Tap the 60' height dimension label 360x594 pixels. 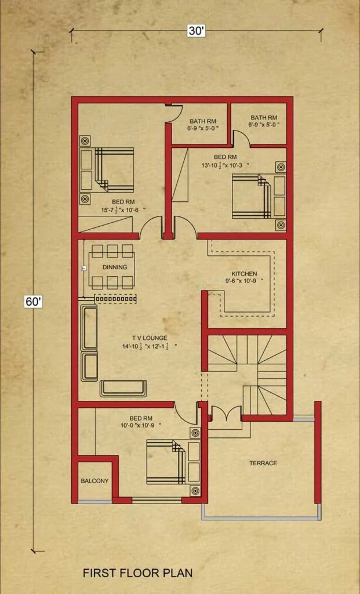(33, 302)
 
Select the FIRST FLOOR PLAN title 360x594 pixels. (138, 572)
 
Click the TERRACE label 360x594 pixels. (263, 463)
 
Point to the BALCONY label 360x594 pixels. (94, 481)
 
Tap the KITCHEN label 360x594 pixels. (244, 274)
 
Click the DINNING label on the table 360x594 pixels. (115, 267)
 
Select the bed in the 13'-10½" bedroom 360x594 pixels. (252, 196)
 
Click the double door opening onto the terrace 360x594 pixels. (226, 413)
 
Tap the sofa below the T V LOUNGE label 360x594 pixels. (123, 388)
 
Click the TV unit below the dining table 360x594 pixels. (115, 299)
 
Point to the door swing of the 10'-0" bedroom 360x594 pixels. (185, 415)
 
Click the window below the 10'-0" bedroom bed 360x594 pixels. (157, 501)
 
